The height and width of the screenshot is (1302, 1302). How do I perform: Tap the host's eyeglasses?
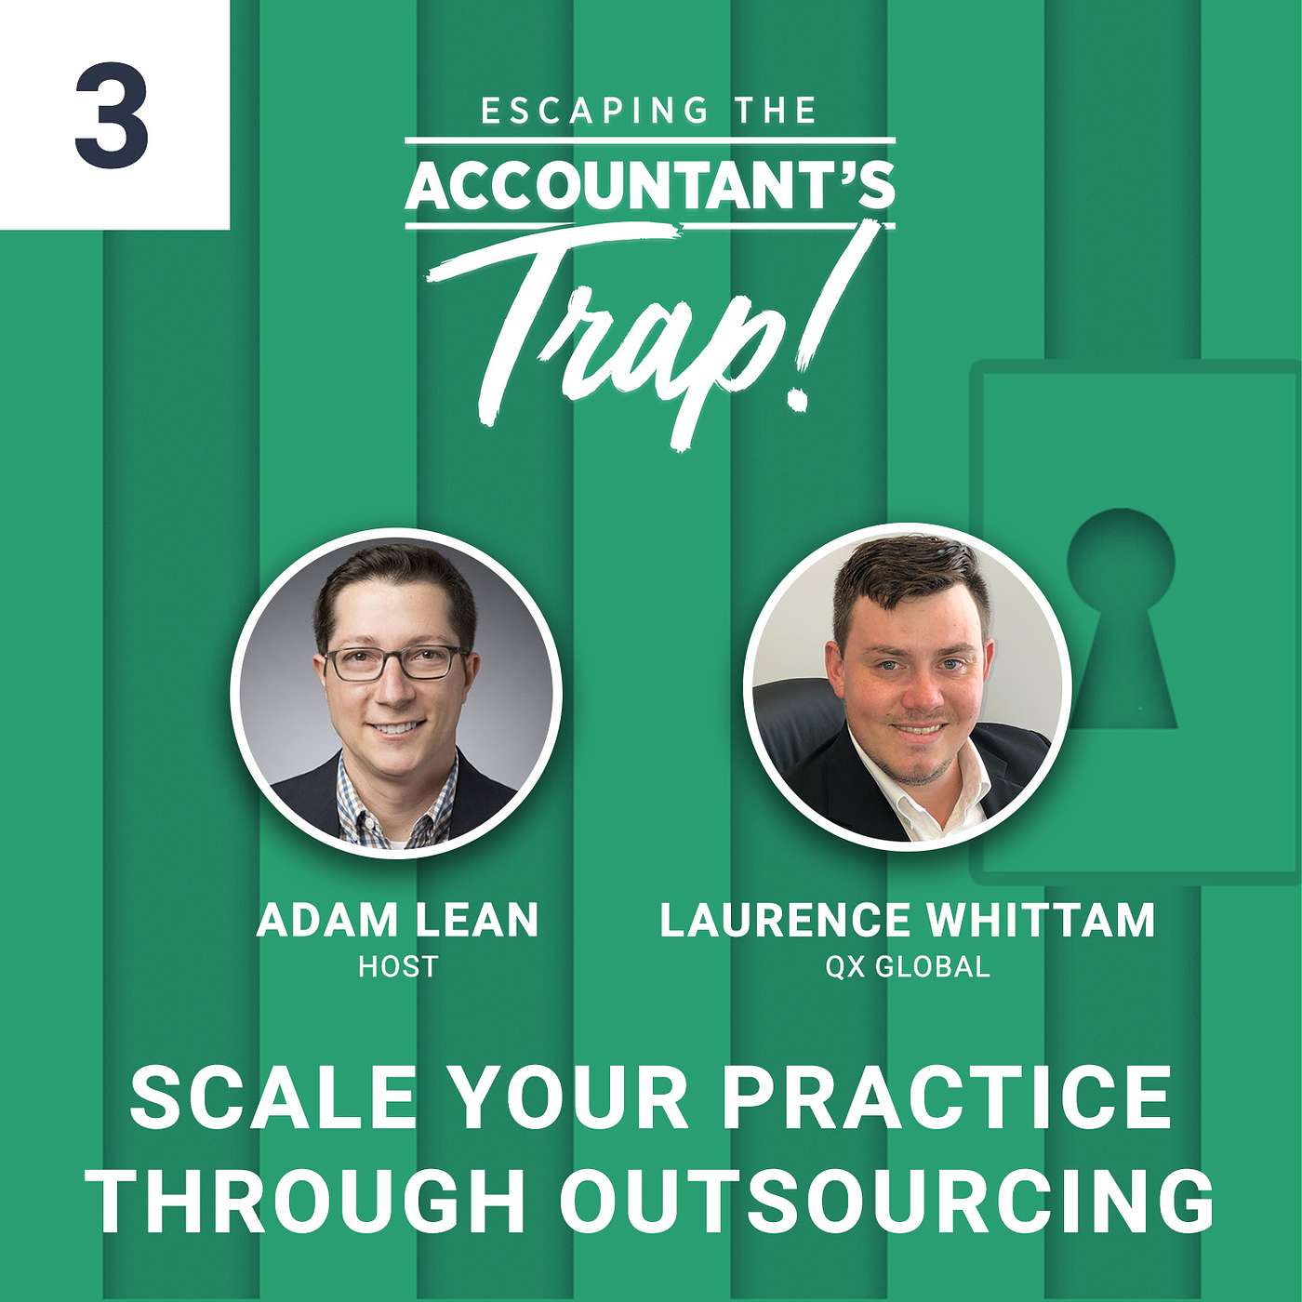396,663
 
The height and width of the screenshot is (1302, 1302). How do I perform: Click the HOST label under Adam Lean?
398,967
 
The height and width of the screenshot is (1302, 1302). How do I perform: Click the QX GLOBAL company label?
908,967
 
